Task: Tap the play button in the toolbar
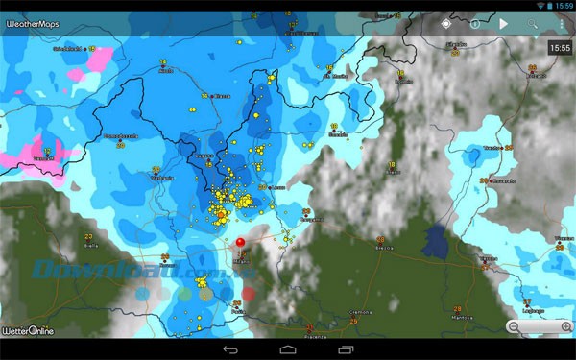point(503,23)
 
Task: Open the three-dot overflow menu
point(562,23)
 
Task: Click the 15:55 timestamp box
point(559,47)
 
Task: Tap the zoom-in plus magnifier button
point(556,327)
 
